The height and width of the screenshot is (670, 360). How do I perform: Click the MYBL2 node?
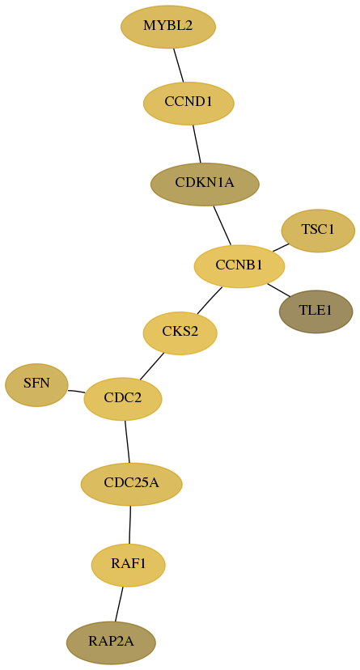coord(168,27)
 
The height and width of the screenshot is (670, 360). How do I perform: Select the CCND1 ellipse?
coord(188,103)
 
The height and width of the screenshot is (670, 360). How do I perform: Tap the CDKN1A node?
coord(205,184)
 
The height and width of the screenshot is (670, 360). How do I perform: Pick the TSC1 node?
coord(318,231)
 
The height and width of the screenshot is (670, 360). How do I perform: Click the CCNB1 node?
coord(239,266)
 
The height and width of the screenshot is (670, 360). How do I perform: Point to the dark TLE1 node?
coord(316,312)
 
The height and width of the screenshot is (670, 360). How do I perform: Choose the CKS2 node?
coord(180,333)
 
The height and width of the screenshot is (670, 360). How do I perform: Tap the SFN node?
coord(36,384)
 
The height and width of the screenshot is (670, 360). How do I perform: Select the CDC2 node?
coord(123,399)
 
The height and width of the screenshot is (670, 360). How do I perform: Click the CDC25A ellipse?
coord(132,484)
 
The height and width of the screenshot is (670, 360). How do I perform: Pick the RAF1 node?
coord(128,565)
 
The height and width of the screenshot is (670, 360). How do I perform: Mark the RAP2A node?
coord(111,642)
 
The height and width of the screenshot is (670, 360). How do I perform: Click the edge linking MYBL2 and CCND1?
coord(179,65)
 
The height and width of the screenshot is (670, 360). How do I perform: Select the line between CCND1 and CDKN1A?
coord(197,143)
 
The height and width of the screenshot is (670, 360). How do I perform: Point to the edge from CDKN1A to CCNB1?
coord(222,225)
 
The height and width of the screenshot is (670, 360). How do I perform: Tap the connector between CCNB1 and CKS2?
coord(210,300)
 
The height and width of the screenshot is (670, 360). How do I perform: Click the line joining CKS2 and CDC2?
coord(151,367)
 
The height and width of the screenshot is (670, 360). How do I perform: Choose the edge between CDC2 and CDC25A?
coord(127,441)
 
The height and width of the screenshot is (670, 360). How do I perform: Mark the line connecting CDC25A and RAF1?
coord(129,524)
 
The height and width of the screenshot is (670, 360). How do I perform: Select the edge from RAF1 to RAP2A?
coord(119,604)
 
